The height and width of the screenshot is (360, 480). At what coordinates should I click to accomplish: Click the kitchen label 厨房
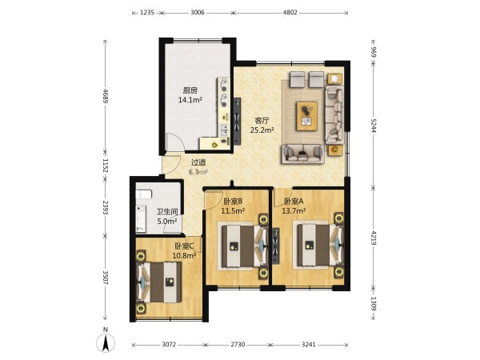(x=190, y=90)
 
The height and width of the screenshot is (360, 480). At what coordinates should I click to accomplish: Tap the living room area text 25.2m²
(x=262, y=130)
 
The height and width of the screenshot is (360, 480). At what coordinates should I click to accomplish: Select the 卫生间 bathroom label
(x=167, y=212)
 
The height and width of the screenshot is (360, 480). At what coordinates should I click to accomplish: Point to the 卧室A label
(x=294, y=202)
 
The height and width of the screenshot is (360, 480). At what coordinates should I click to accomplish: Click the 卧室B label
(x=233, y=202)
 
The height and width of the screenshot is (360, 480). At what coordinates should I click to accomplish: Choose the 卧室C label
(x=184, y=246)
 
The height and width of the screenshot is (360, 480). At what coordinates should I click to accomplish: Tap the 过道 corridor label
(x=198, y=162)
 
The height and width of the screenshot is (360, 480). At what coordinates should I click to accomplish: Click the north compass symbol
(x=106, y=342)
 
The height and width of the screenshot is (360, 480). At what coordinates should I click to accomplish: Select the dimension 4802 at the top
(x=290, y=13)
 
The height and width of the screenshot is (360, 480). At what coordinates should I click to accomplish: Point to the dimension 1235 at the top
(x=147, y=13)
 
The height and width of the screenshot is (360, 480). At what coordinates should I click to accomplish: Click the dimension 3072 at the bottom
(x=169, y=345)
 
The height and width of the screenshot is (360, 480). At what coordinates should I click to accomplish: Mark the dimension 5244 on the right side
(x=373, y=126)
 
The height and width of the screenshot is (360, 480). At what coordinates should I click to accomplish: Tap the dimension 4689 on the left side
(x=106, y=96)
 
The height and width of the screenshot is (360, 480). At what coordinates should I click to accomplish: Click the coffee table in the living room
(x=306, y=116)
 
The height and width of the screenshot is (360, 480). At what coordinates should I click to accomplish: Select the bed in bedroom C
(x=158, y=282)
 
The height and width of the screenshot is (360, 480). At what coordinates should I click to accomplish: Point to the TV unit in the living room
(x=237, y=122)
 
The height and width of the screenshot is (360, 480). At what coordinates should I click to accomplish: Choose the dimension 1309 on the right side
(x=373, y=303)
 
